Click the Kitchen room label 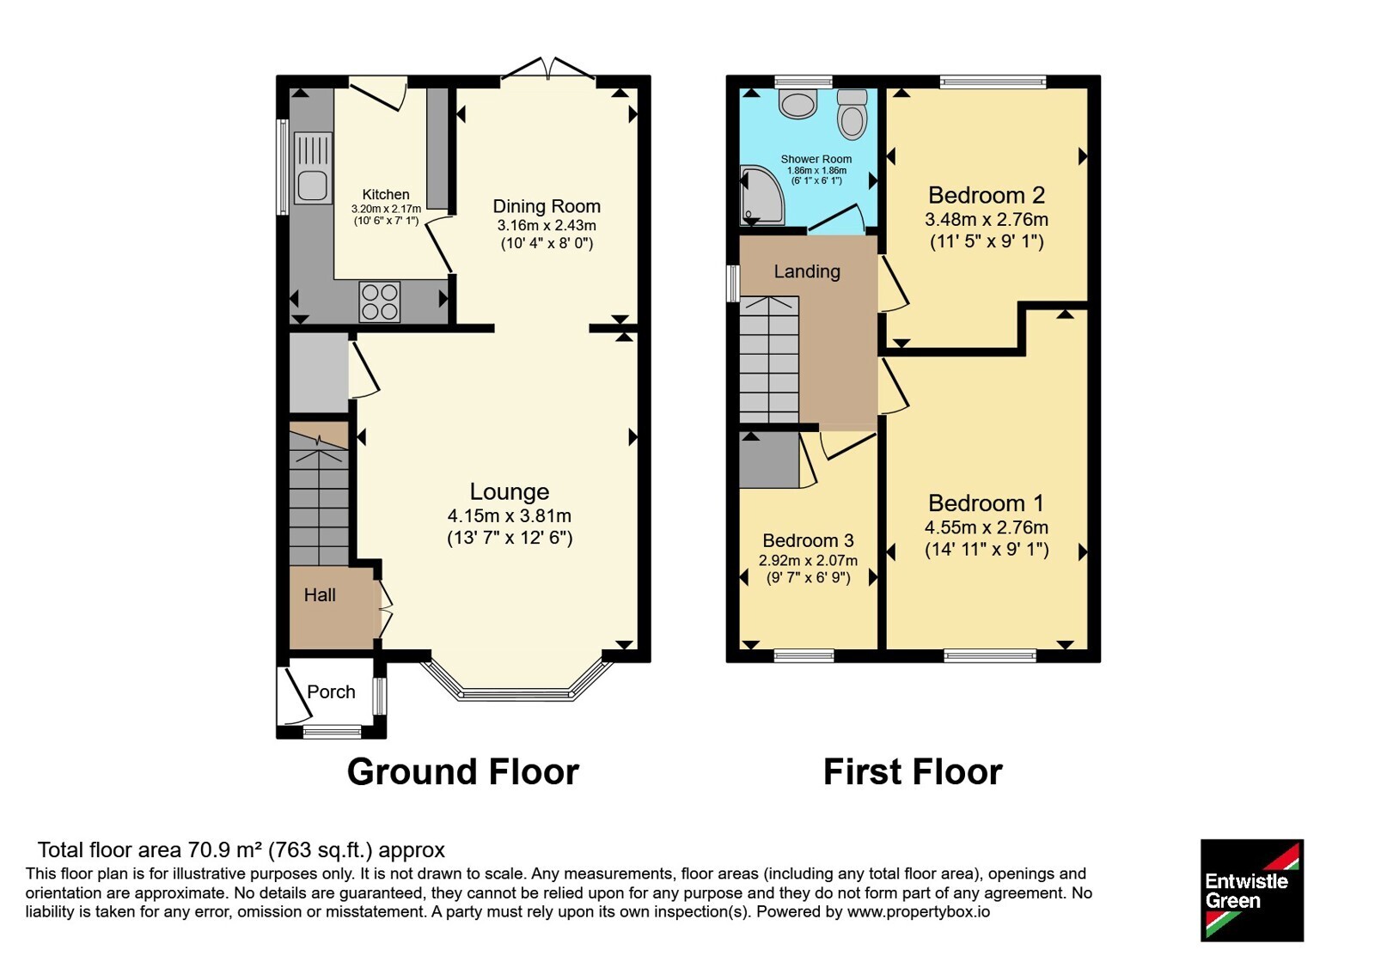[386, 194]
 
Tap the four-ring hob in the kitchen [379, 301]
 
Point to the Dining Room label [547, 206]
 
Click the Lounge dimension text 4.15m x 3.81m [510, 515]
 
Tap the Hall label [320, 594]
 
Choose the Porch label [331, 691]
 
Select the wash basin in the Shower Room [797, 104]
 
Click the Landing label [807, 271]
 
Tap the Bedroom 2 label [987, 195]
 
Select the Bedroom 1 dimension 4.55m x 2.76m [987, 527]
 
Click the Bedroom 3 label [808, 540]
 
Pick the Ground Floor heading [463, 772]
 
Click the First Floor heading [913, 772]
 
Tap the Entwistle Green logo [1252, 890]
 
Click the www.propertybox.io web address [919, 911]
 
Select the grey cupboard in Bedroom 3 [769, 460]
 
